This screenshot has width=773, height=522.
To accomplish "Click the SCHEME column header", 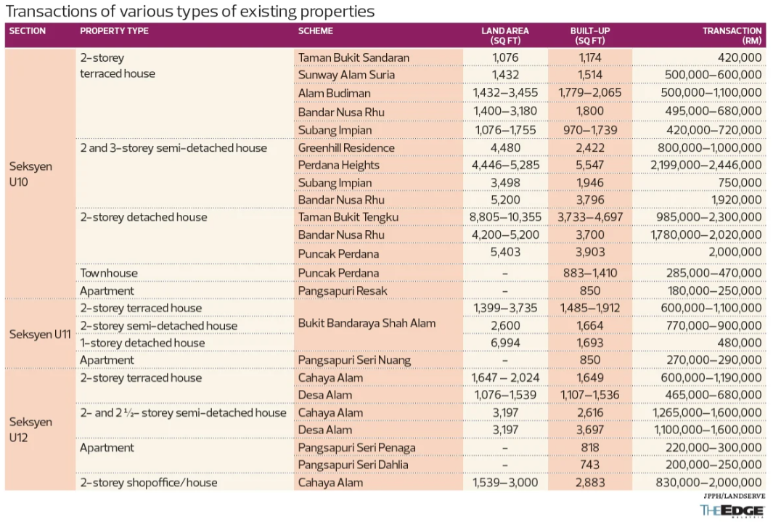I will point(316,31).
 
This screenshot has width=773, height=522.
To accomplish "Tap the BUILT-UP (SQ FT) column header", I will point(589,36).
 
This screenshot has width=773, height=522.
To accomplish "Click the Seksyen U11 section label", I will point(39,335).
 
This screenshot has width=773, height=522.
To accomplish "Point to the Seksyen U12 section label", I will point(30,430).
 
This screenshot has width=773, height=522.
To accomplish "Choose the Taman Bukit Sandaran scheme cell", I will point(353,57).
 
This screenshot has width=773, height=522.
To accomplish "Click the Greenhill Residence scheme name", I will point(346,148).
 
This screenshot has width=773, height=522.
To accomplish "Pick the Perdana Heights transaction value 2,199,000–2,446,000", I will point(706,166).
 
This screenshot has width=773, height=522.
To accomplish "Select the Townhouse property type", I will point(109,273).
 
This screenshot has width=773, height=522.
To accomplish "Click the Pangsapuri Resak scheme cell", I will point(343,291).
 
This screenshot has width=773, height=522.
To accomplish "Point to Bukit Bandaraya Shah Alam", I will point(367,323).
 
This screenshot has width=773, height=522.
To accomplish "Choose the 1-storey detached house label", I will point(142,343).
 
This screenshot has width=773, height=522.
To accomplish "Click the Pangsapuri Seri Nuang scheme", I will point(354,360).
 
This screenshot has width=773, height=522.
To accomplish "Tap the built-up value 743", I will point(589,465).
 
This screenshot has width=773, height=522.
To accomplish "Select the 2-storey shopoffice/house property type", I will point(148,482).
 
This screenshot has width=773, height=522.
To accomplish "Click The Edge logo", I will point(730,510).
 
